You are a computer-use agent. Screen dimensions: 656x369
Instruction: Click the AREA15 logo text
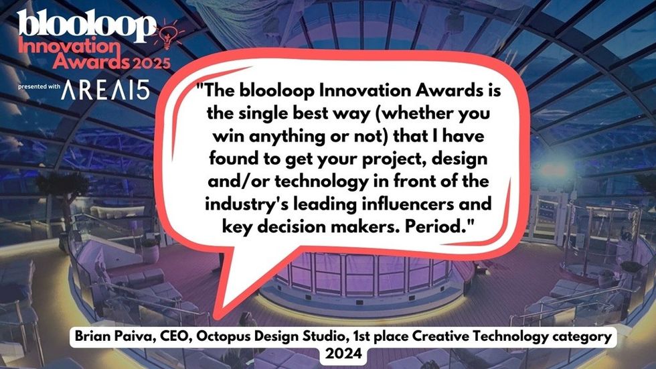coord(105,90)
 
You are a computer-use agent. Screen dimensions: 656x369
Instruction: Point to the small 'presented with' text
coord(39,86)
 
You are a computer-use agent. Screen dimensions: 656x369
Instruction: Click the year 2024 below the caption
coord(343,354)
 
